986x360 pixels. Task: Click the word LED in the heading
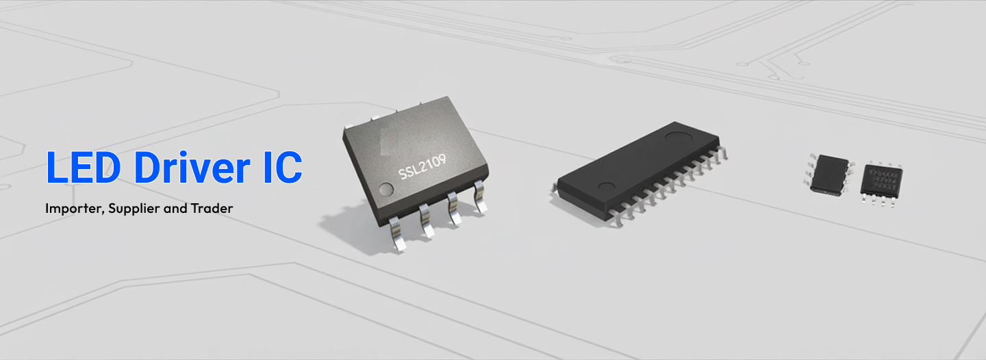[84, 167]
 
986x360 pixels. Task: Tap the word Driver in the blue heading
[192, 167]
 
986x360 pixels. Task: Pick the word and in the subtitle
[175, 209]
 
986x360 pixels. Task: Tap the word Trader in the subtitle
[212, 208]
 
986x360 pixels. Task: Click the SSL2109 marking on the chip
[422, 167]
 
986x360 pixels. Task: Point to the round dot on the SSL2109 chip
[386, 190]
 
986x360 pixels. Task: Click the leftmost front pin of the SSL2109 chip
[397, 235]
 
